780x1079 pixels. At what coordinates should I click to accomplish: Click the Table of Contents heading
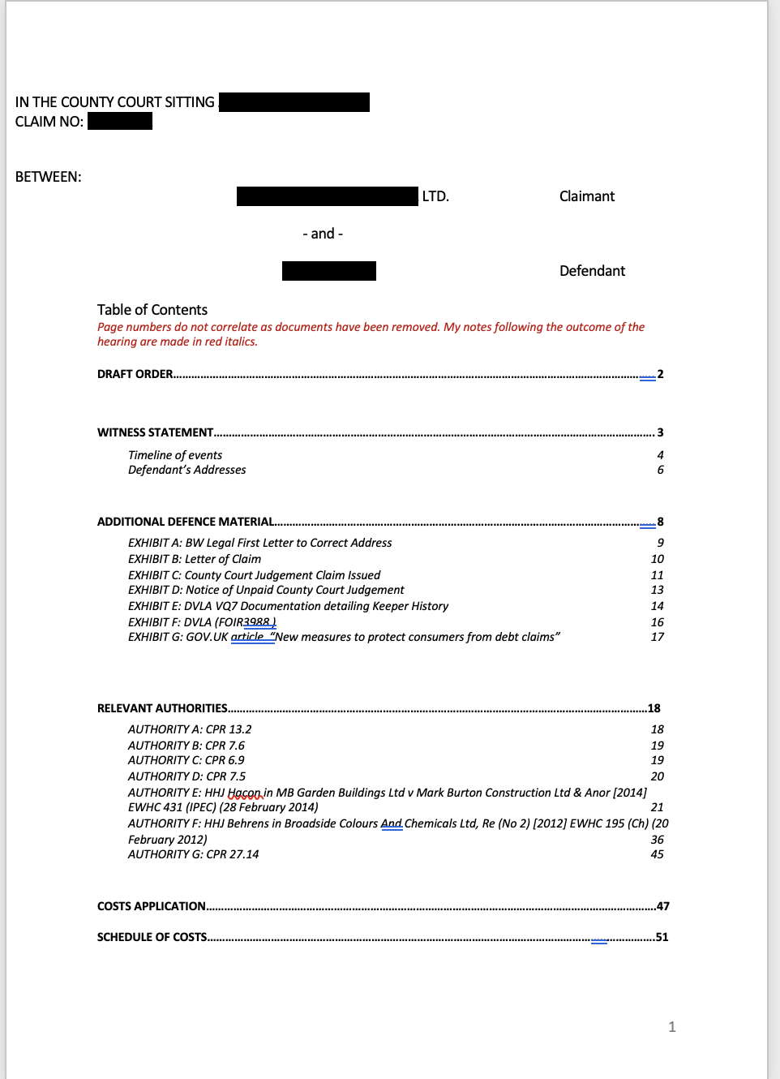point(152,310)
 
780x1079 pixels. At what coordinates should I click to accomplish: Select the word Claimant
point(586,196)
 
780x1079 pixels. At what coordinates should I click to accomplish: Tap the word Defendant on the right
point(592,271)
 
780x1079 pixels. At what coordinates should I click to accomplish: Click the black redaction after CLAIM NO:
point(120,122)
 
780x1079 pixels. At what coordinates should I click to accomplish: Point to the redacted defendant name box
point(328,271)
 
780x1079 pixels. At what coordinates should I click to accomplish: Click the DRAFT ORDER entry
point(135,374)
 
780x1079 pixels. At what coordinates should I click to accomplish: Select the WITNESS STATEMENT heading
point(156,432)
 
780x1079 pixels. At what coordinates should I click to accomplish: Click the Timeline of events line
point(175,455)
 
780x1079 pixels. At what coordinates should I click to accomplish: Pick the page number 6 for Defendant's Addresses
point(660,470)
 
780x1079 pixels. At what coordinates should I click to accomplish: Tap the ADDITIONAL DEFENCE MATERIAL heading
point(186,522)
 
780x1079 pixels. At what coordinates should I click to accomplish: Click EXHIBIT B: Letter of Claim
point(195,559)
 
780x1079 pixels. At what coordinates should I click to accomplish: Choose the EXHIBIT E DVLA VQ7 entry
point(288,606)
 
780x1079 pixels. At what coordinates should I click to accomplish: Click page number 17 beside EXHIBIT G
point(657,637)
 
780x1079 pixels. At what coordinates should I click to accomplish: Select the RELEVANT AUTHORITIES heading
point(162,708)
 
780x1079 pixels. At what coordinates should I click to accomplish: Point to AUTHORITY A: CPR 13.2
point(190,729)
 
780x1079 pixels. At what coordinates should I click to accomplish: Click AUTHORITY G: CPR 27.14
point(193,854)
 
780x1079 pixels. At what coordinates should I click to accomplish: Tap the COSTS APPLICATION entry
point(152,906)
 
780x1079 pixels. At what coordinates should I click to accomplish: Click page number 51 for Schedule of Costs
point(662,937)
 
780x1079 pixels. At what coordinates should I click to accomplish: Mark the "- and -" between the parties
point(323,234)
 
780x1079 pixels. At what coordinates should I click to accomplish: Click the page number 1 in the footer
point(671,1027)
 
